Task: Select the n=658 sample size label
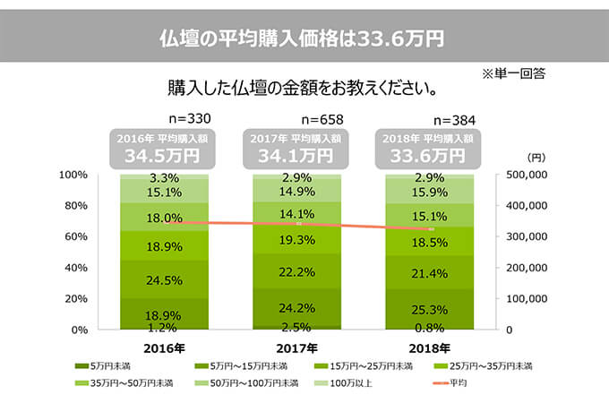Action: pyautogui.click(x=322, y=119)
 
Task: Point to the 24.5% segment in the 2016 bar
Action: pyautogui.click(x=165, y=280)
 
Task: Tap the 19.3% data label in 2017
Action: pyautogui.click(x=296, y=240)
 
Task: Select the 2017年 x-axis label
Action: pyautogui.click(x=296, y=347)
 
